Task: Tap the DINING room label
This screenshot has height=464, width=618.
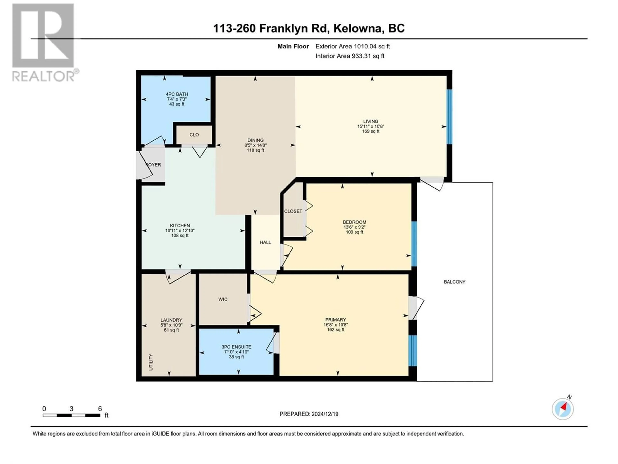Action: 255,140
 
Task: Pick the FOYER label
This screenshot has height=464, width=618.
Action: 153,165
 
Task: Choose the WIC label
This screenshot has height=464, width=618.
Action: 223,300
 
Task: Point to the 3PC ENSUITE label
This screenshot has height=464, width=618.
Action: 236,347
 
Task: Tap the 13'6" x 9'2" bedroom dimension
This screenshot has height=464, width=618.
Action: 355,227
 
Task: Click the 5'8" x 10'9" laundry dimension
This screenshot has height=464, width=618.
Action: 171,325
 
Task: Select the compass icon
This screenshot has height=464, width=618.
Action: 563,409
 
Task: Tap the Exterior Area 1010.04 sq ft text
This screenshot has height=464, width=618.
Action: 353,46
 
